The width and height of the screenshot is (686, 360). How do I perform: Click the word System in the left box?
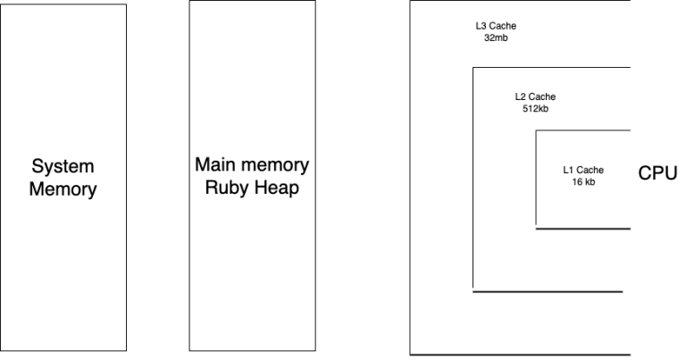pyautogui.click(x=63, y=166)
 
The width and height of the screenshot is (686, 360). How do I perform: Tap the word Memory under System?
pyautogui.click(x=63, y=189)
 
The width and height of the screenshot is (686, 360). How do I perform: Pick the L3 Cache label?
pyautogui.click(x=496, y=26)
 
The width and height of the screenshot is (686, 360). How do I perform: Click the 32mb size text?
pyautogui.click(x=496, y=38)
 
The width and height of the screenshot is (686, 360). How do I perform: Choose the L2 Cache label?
pyautogui.click(x=535, y=96)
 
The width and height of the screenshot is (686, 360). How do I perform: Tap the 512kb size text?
pyautogui.click(x=535, y=108)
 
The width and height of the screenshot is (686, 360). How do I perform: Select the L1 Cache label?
pyautogui.click(x=583, y=170)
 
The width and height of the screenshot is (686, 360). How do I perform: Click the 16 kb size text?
pyautogui.click(x=583, y=181)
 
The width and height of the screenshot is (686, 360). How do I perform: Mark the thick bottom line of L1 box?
pyautogui.click(x=583, y=229)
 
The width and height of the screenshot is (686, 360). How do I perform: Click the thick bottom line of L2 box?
pyautogui.click(x=547, y=291)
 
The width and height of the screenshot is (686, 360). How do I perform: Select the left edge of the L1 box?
pyautogui.click(x=536, y=179)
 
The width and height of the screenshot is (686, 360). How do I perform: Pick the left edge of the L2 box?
pyautogui.click(x=473, y=179)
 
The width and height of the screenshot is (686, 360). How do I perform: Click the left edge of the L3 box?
pyautogui.click(x=410, y=179)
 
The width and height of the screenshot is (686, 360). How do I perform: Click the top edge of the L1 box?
pyautogui.click(x=583, y=130)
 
